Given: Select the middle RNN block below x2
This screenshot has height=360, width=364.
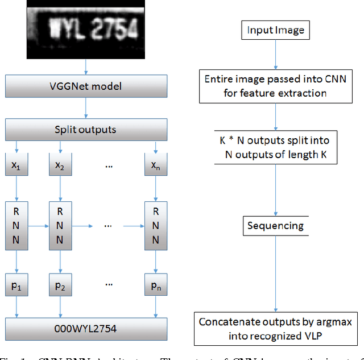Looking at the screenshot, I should click(x=59, y=225).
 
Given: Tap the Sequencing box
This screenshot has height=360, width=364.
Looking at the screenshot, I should click(x=275, y=226).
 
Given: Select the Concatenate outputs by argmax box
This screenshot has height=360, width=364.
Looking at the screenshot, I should click(x=275, y=328).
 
